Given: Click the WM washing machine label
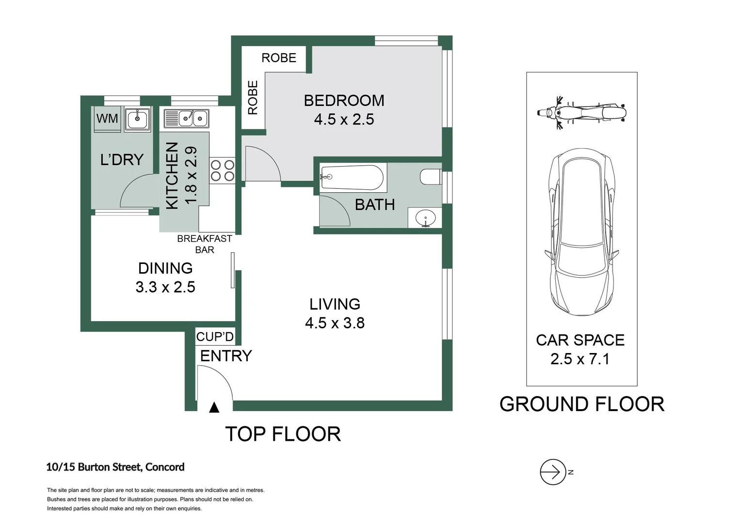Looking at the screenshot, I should pyautogui.click(x=107, y=119).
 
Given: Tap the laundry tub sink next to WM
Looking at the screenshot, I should pyautogui.click(x=137, y=119).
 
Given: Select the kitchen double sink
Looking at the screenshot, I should pyautogui.click(x=187, y=118).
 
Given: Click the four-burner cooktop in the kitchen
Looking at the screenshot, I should pyautogui.click(x=222, y=170).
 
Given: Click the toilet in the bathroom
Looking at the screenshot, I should pyautogui.click(x=431, y=177).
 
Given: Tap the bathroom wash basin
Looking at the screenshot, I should pyautogui.click(x=426, y=218).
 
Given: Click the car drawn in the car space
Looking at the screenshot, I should pyautogui.click(x=581, y=232).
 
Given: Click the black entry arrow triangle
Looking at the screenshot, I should pyautogui.click(x=214, y=408).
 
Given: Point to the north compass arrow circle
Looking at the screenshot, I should pyautogui.click(x=553, y=472).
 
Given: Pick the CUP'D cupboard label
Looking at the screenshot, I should pyautogui.click(x=215, y=337).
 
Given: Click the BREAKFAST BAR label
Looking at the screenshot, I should pyautogui.click(x=205, y=244).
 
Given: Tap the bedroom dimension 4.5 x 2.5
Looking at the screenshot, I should pyautogui.click(x=344, y=120).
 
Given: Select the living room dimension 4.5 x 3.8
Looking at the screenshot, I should pyautogui.click(x=335, y=323).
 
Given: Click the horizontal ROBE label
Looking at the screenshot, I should pyautogui.click(x=279, y=58).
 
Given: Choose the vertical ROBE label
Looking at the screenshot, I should pyautogui.click(x=253, y=98).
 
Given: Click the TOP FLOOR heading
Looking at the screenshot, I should pyautogui.click(x=283, y=434).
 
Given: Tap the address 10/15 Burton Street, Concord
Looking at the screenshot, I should pyautogui.click(x=115, y=467).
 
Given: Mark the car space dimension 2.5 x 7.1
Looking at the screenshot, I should pyautogui.click(x=580, y=359).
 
